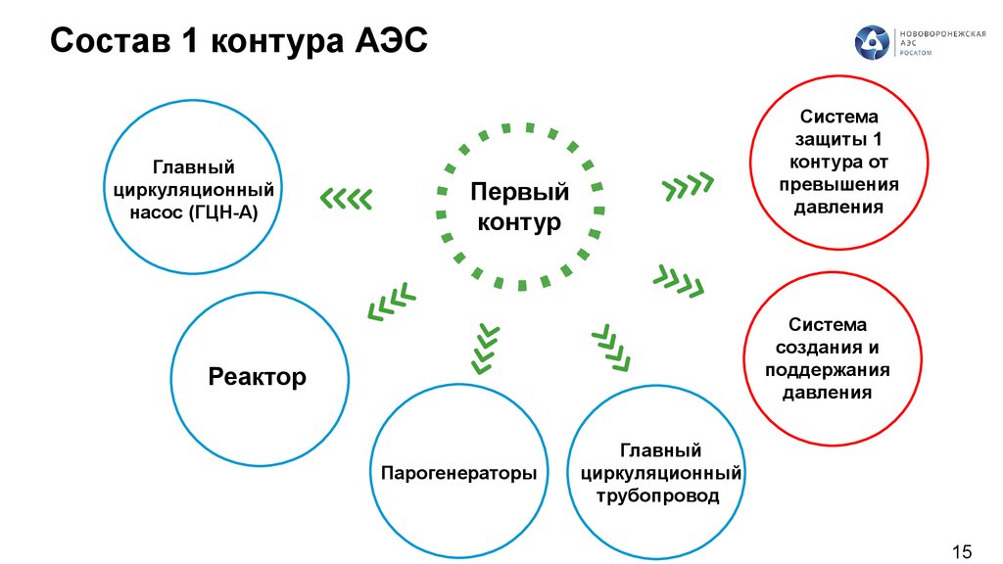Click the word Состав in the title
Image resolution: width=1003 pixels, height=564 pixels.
click(104, 42)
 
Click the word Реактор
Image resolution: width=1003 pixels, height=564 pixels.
click(258, 376)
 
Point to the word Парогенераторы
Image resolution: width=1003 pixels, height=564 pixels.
click(458, 474)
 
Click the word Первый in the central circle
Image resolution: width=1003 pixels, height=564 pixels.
click(519, 192)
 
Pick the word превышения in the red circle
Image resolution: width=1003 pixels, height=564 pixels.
click(839, 184)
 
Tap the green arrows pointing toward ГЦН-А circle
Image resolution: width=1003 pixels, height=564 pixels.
click(347, 199)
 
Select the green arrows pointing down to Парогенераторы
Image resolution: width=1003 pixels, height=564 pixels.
click(483, 347)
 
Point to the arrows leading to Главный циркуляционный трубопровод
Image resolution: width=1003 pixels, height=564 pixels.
click(612, 349)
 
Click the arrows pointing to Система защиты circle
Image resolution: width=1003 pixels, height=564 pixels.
click(689, 185)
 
